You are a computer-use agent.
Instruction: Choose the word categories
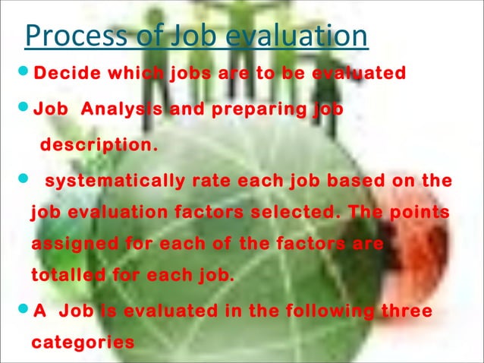click(x=83, y=342)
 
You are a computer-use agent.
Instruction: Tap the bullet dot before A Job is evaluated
click(x=20, y=311)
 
